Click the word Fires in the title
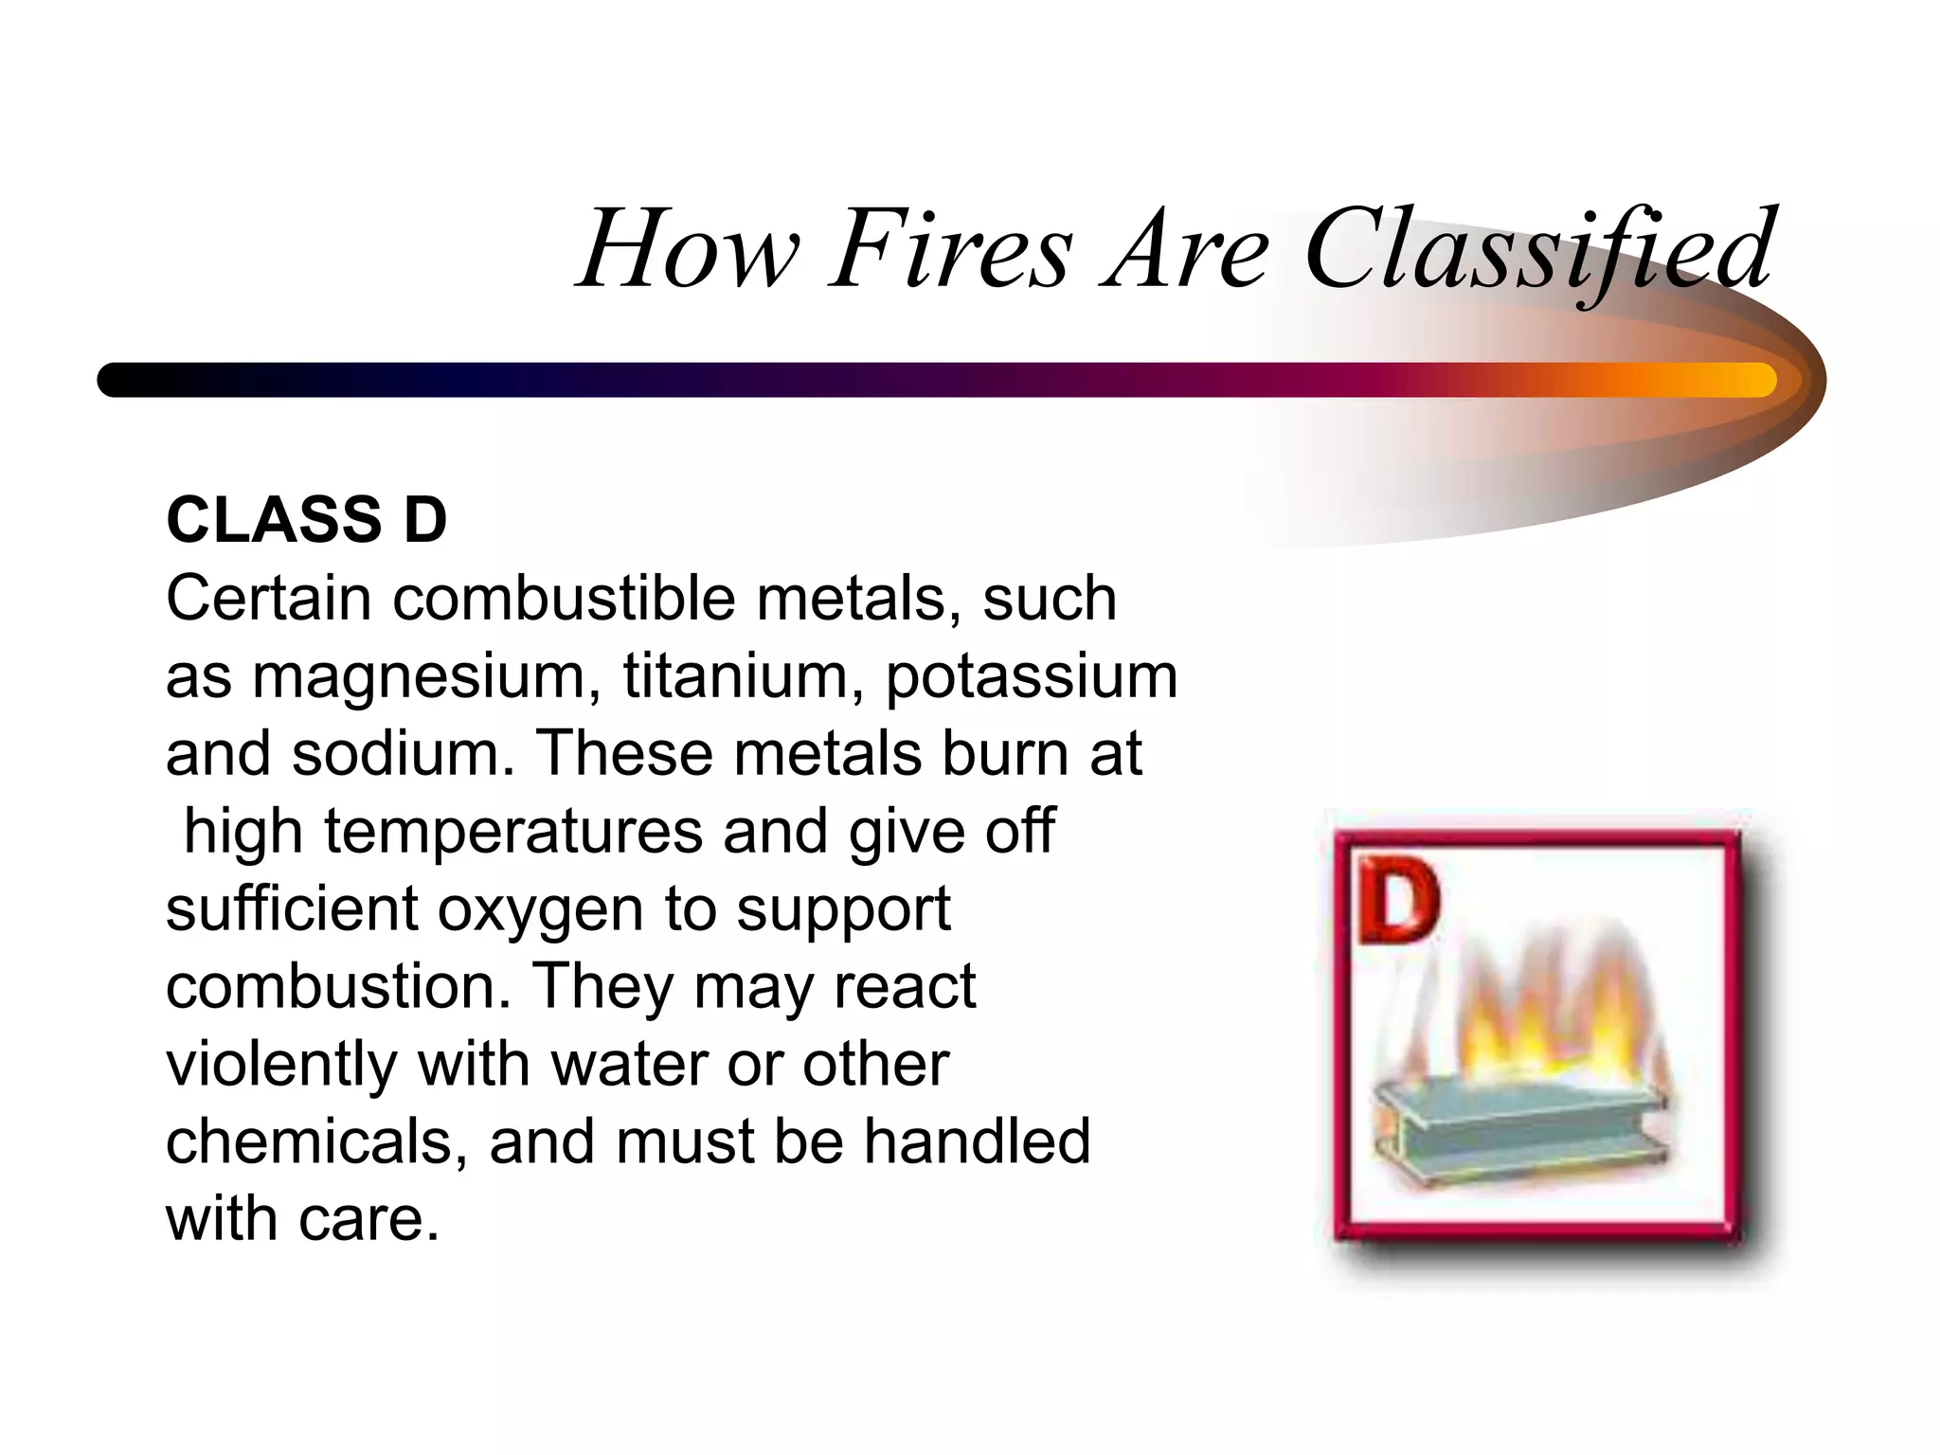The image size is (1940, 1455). [951, 250]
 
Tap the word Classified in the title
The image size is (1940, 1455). [1538, 250]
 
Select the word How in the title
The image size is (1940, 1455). [690, 250]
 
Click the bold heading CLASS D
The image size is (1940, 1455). [306, 520]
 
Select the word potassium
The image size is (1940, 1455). [1032, 678]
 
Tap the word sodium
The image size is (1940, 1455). [396, 754]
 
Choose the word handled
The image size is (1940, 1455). [977, 1141]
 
